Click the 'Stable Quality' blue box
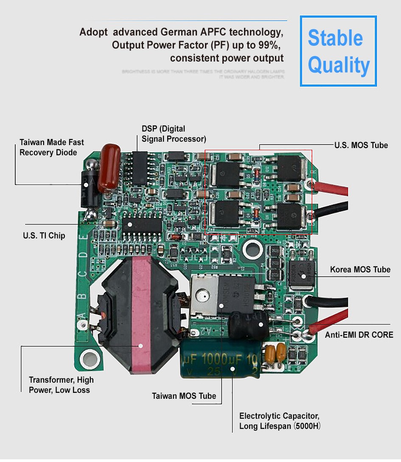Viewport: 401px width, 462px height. tap(338, 51)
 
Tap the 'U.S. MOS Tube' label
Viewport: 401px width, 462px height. tap(361, 145)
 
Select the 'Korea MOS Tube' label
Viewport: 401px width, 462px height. tap(360, 269)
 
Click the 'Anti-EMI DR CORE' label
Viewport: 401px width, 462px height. tap(359, 335)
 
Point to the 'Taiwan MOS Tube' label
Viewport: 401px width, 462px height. tap(184, 396)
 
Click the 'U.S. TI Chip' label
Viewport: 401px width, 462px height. tap(44, 235)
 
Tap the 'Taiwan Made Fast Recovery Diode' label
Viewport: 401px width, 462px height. tap(52, 147)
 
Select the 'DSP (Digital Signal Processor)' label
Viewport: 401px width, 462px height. tap(174, 133)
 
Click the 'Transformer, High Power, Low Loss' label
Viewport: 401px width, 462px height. tap(61, 385)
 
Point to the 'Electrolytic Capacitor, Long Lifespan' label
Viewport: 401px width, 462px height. tap(279, 421)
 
